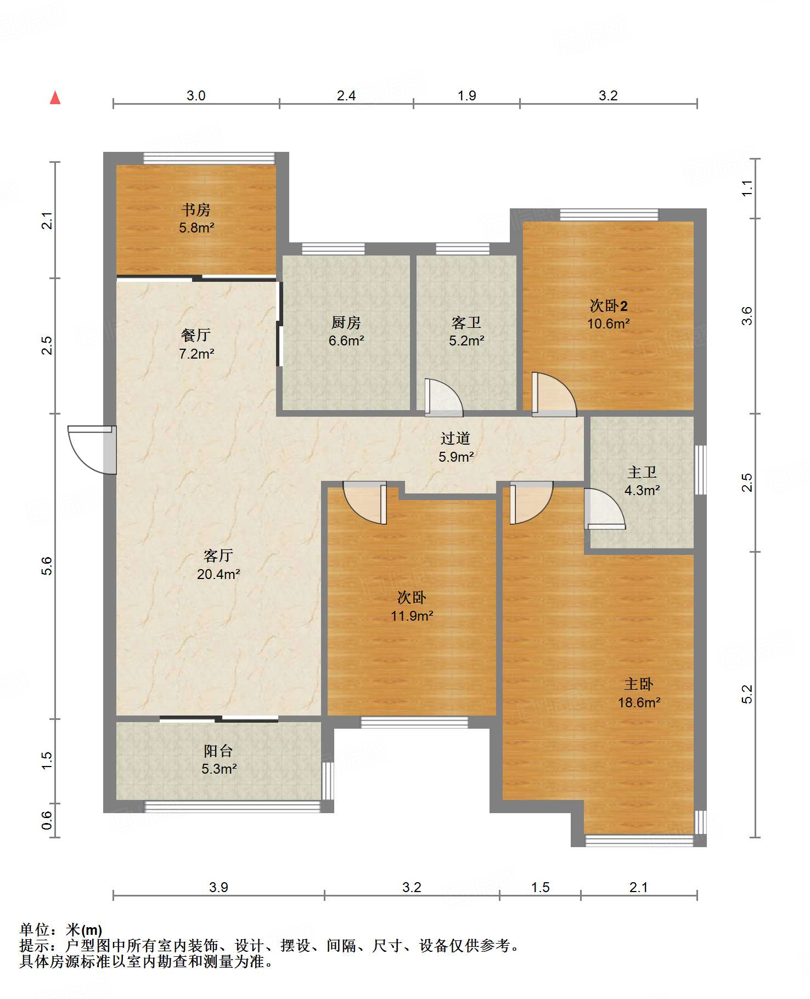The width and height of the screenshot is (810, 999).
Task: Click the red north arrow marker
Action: tap(55, 98)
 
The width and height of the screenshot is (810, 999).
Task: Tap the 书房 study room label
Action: tap(196, 209)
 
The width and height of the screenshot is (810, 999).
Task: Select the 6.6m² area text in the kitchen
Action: tap(346, 341)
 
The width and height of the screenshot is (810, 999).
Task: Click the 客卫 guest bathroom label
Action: tap(466, 322)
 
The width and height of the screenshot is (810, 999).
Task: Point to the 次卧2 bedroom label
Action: tap(609, 305)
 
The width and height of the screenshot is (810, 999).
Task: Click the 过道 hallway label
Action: tap(455, 438)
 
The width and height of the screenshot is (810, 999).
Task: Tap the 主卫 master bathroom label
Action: tap(642, 472)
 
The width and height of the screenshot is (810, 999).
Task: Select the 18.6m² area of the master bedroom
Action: tap(639, 702)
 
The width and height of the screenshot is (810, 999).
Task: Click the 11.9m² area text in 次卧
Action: tap(412, 616)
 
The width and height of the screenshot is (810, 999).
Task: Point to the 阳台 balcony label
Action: tap(218, 751)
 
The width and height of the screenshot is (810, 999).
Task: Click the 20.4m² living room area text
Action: tap(218, 575)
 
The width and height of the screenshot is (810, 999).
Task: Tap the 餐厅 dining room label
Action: tap(196, 335)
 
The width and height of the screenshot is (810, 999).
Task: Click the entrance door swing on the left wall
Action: tap(92, 450)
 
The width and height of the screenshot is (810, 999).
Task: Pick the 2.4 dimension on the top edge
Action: tap(346, 96)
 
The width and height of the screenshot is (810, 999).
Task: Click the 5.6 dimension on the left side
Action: tap(47, 566)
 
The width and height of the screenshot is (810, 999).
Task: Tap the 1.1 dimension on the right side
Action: tap(747, 189)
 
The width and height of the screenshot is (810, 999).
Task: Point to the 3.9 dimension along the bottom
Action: tap(218, 888)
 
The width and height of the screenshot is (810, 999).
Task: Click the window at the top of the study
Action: tap(209, 158)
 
